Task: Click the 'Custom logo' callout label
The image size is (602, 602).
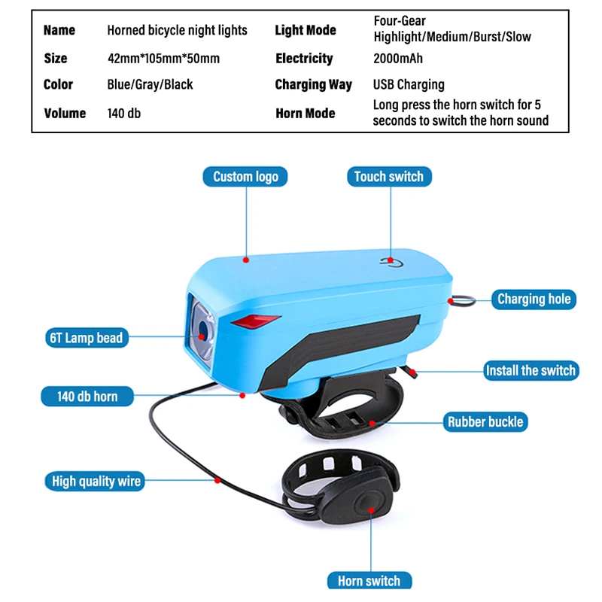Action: pyautogui.click(x=245, y=177)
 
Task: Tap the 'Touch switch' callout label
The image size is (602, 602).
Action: pyautogui.click(x=389, y=177)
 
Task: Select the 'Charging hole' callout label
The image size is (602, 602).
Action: pyautogui.click(x=534, y=299)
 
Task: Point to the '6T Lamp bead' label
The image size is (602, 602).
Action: pyautogui.click(x=86, y=337)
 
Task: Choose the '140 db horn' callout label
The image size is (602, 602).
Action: pyautogui.click(x=87, y=396)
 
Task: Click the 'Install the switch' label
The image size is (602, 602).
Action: pyautogui.click(x=530, y=370)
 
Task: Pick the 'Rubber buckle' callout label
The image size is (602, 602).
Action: pyautogui.click(x=485, y=421)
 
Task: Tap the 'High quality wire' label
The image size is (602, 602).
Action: pyautogui.click(x=96, y=481)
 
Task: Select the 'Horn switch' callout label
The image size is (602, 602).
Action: pyautogui.click(x=369, y=580)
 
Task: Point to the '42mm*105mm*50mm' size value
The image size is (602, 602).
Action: pyautogui.click(x=163, y=59)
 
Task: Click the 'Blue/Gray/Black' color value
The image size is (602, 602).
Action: pyautogui.click(x=150, y=84)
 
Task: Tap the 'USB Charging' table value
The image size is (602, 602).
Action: pyautogui.click(x=409, y=84)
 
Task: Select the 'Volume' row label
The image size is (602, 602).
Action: pyautogui.click(x=65, y=114)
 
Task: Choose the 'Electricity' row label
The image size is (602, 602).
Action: pyautogui.click(x=303, y=59)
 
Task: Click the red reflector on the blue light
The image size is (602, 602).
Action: pyautogui.click(x=251, y=321)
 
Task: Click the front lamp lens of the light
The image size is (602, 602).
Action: pyautogui.click(x=203, y=327)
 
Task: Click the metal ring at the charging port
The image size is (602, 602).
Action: pyautogui.click(x=464, y=301)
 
